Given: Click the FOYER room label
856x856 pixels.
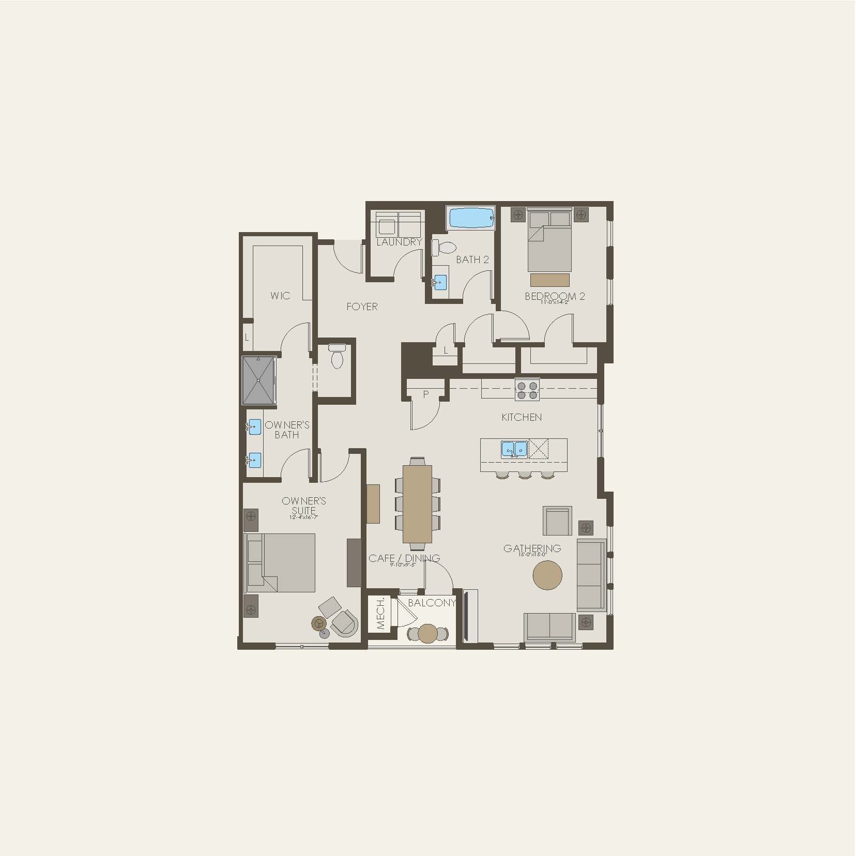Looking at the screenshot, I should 362,307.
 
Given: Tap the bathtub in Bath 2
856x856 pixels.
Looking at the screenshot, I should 471,218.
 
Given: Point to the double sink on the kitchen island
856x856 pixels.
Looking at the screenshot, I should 514,449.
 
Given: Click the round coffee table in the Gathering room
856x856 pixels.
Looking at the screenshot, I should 547,575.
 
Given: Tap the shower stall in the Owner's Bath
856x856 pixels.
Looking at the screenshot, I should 259,380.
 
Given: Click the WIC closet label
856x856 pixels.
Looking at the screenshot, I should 280,296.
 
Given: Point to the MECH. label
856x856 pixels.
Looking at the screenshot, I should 381,614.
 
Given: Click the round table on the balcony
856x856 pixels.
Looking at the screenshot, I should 428,633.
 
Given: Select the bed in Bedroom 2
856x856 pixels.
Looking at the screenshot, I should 549,241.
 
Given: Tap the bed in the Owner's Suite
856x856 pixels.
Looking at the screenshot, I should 281,563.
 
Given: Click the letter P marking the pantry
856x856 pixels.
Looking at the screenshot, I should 426,394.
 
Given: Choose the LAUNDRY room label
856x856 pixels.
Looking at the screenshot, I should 399,242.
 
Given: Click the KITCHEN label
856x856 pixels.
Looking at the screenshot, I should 522,417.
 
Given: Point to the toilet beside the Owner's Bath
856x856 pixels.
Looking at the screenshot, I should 337,357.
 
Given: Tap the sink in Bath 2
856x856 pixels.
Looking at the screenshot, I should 440,282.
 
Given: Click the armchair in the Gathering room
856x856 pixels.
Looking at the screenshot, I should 557,521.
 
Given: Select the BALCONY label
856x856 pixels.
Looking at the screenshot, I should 432,603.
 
